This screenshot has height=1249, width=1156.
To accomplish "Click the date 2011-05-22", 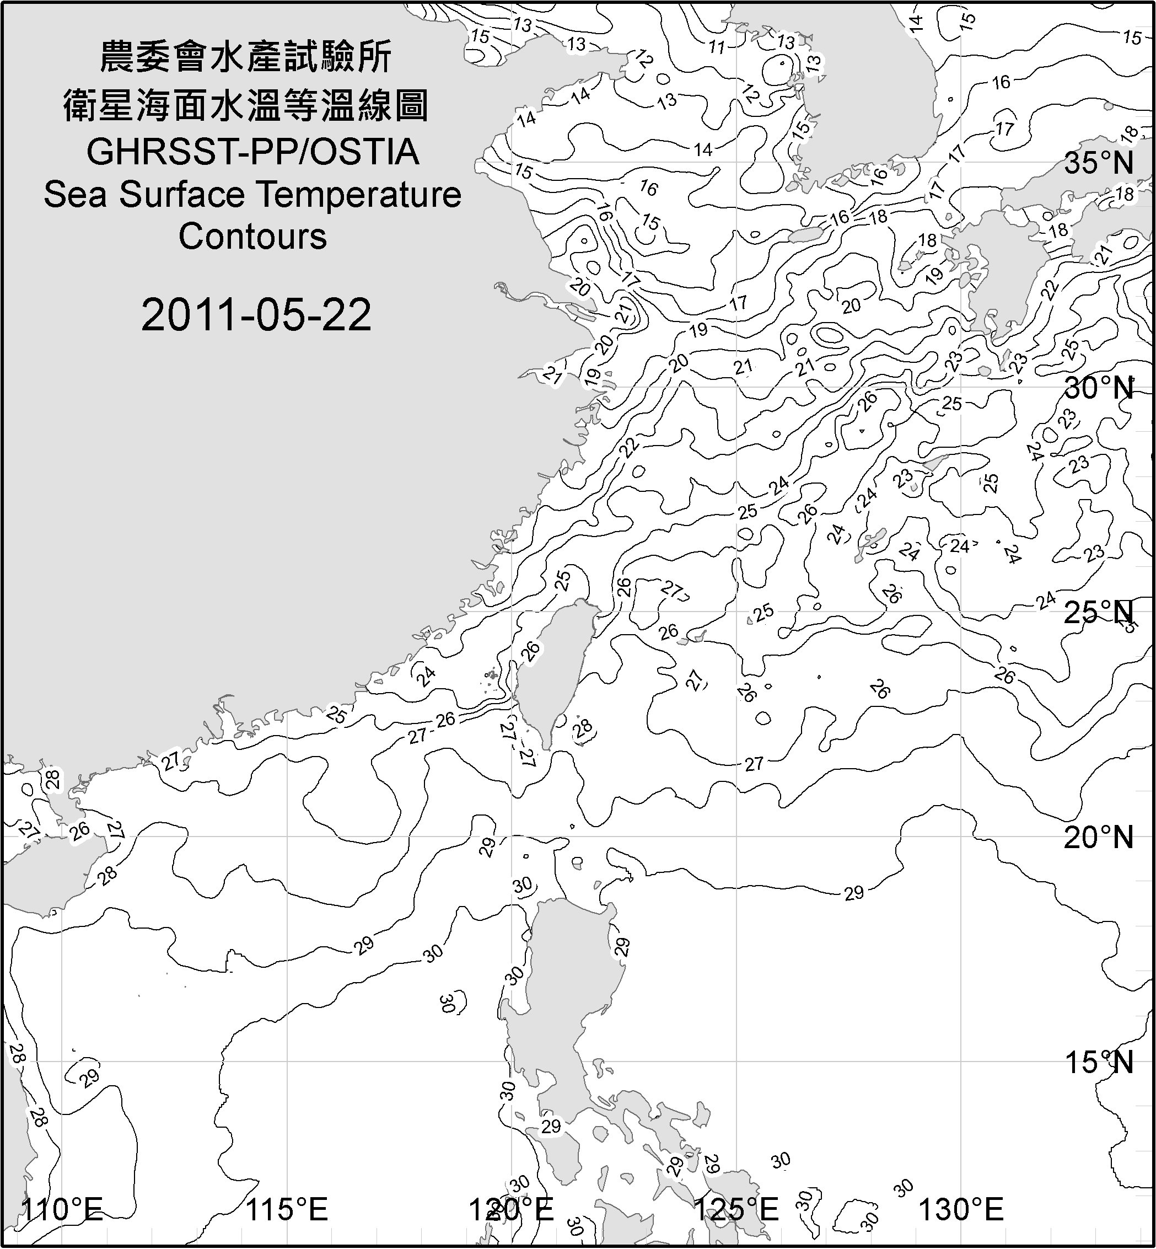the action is pos(256,315).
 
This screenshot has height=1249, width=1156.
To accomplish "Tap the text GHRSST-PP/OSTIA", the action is pos(252,152).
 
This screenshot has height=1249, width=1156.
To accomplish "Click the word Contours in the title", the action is pos(252,237).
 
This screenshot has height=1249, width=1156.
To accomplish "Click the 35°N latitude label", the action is pos(1099,163).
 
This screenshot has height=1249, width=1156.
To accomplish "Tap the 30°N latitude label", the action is pos(1099,389).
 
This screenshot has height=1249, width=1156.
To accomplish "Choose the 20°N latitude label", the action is pos(1099,837).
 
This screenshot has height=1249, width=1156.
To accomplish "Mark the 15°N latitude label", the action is pos(1099,1062).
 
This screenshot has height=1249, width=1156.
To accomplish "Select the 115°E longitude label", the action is pos(287,1209).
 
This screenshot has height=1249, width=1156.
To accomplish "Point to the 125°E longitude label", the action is pos(737,1209).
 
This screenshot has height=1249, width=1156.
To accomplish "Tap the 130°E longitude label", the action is pos(961,1209).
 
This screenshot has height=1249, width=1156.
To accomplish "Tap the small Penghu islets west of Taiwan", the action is pos(492,676).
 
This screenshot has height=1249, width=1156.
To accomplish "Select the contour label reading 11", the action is pos(717,47).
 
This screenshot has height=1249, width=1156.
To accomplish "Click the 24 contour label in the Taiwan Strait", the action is pos(426,676).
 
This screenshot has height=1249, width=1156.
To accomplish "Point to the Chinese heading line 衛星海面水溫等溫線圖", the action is pos(246,105).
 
